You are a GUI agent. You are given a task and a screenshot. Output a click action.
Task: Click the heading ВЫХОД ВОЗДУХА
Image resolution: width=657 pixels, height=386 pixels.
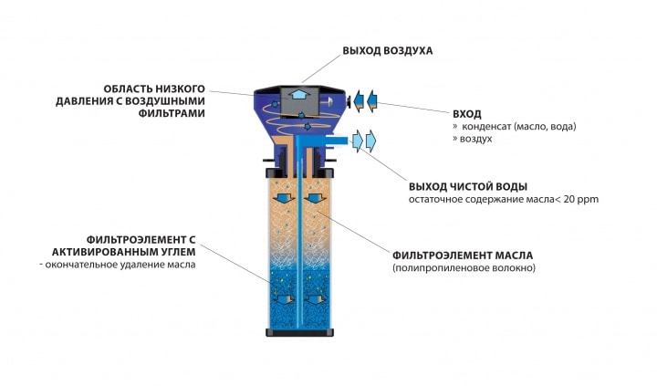pyautogui.click(x=388, y=51)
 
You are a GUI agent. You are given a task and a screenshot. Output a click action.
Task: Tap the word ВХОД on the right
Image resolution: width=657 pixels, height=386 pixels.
pyautogui.click(x=467, y=114)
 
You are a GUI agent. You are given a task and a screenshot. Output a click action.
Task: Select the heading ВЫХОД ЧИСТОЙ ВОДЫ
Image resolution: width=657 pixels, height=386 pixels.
pyautogui.click(x=468, y=186)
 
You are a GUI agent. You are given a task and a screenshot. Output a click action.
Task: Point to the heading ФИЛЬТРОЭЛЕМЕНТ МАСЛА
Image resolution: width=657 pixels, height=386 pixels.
pyautogui.click(x=463, y=256)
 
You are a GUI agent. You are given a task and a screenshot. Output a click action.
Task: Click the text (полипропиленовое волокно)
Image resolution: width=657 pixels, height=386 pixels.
pyautogui.click(x=464, y=267)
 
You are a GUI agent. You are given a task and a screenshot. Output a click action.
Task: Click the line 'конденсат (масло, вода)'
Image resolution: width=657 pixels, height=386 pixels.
pyautogui.click(x=519, y=126)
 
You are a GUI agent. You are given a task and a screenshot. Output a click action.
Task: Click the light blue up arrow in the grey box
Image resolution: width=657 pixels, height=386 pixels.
pyautogui.click(x=297, y=93)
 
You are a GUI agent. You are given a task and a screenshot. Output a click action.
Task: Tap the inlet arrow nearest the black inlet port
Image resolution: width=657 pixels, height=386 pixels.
pyautogui.click(x=359, y=101)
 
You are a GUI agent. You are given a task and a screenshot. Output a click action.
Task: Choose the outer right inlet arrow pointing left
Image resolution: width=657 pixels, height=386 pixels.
pyautogui.click(x=372, y=101)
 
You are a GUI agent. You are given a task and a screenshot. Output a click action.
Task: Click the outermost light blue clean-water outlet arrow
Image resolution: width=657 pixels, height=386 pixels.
pyautogui.click(x=370, y=141)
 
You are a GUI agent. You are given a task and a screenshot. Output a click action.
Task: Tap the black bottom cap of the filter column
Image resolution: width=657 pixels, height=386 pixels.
pyautogui.click(x=300, y=333)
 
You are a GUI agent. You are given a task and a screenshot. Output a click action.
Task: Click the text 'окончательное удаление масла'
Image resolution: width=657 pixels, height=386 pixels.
pyautogui.click(x=118, y=265)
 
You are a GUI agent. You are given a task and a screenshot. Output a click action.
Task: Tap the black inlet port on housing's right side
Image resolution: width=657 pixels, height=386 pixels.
pyautogui.click(x=349, y=101)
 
